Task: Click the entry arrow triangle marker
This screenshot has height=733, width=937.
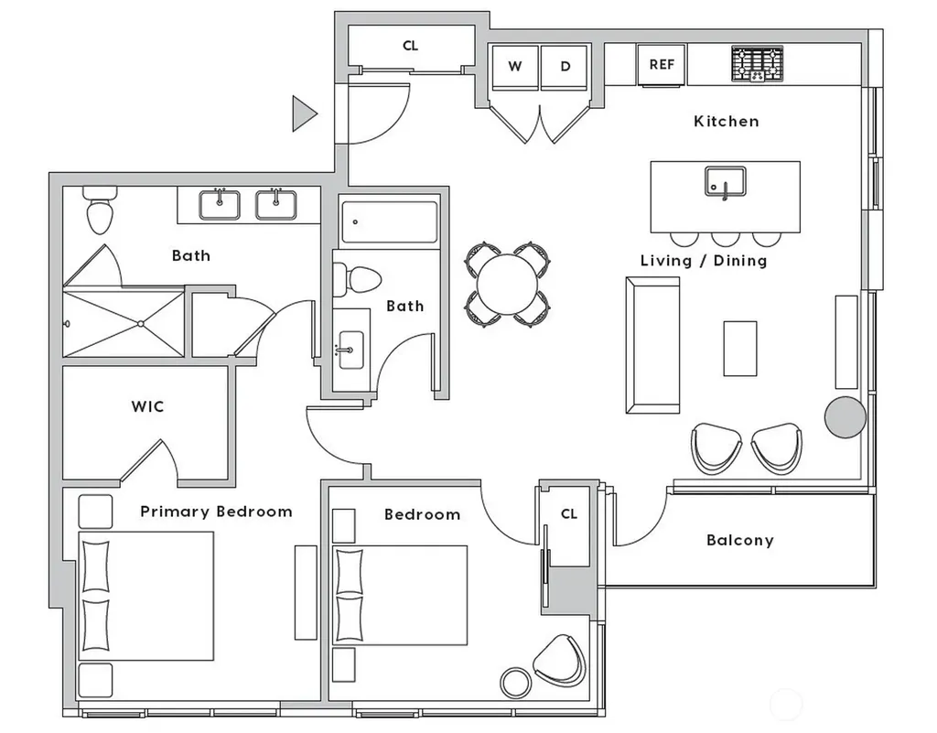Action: (x=304, y=113)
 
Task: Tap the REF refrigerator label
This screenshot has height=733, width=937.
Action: (x=662, y=65)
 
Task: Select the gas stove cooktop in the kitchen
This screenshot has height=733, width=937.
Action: (x=757, y=64)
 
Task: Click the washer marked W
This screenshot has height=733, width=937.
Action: (x=514, y=67)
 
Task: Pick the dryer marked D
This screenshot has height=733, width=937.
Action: (x=565, y=67)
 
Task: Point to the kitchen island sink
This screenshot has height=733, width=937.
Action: (x=725, y=182)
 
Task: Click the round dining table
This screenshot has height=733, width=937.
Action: (x=507, y=285)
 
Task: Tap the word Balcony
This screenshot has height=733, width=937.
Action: (x=739, y=540)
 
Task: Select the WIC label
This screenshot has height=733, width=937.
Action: (x=147, y=406)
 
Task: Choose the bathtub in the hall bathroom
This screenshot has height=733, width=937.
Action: (x=389, y=222)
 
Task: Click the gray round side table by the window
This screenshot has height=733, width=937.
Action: (x=845, y=417)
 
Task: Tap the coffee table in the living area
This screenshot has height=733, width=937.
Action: (x=739, y=349)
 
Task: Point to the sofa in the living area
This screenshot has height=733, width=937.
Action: (x=652, y=345)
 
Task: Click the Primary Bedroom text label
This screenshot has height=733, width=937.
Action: (x=216, y=512)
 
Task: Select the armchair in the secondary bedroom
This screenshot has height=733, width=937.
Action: (x=560, y=661)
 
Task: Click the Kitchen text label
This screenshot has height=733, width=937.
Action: (x=726, y=122)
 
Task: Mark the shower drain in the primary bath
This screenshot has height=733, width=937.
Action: (x=140, y=324)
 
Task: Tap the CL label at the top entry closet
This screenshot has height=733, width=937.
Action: (x=411, y=46)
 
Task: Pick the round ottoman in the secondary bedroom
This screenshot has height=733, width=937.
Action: (x=515, y=683)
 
